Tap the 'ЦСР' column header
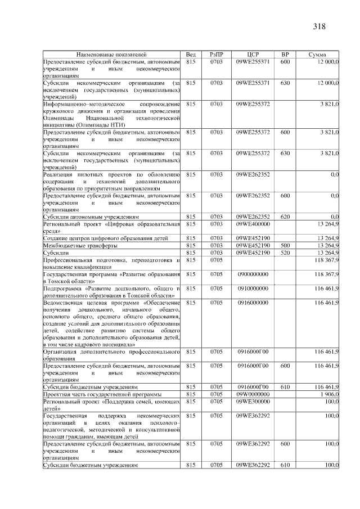[253, 54]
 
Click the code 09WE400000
[253, 223]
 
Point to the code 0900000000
[253, 274]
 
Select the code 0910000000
[253, 288]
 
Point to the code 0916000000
[253, 303]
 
